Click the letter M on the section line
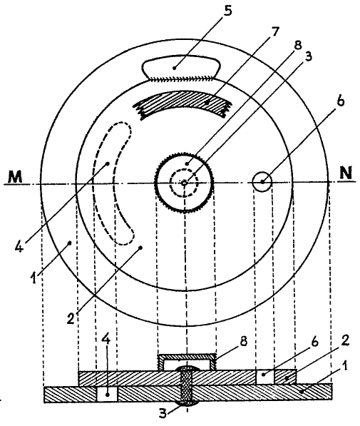(15, 177)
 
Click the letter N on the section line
(346, 173)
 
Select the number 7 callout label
(274, 31)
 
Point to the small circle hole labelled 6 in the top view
(262, 182)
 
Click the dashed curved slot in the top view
(113, 183)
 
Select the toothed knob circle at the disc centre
(184, 183)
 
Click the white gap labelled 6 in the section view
(265, 377)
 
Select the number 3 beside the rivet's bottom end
(163, 414)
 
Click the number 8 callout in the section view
(244, 340)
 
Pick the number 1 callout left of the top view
(34, 278)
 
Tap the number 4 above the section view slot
(106, 340)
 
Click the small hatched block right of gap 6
(285, 377)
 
